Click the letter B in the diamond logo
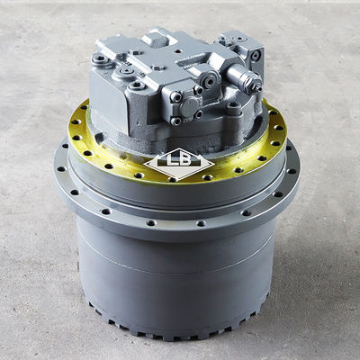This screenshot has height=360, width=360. click(x=185, y=160)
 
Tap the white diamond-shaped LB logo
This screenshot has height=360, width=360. click(x=179, y=165)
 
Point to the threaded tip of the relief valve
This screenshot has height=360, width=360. click(x=257, y=88)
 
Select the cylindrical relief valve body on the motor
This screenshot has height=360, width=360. click(x=244, y=77)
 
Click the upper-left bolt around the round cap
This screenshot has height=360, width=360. click(x=176, y=96)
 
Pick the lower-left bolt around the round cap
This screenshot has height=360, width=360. click(x=176, y=121)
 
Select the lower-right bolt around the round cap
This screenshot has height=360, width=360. click(x=199, y=114)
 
